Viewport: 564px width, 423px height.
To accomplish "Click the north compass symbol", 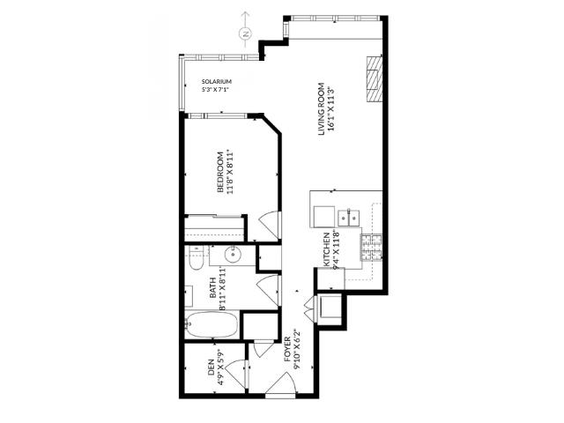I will tap(245, 33).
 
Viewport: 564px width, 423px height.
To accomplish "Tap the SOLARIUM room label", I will tap(216, 81).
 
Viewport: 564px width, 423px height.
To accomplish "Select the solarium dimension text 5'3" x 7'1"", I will tap(216, 90).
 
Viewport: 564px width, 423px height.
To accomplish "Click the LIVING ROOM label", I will tap(322, 107).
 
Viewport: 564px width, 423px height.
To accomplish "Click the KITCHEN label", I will tap(326, 249).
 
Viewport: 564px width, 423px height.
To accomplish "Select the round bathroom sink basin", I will tap(234, 256).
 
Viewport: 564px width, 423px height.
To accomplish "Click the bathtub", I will tap(211, 326).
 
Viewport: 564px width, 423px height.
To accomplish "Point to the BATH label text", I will tap(212, 292).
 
